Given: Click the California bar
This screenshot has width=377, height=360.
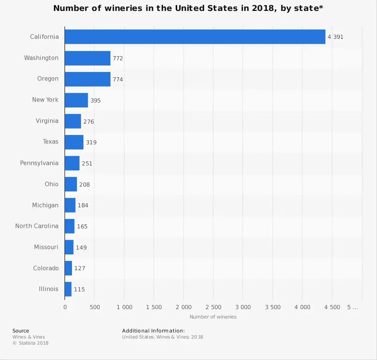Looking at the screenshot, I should click(x=195, y=37).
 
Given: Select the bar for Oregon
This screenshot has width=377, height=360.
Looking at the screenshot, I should click(x=87, y=79).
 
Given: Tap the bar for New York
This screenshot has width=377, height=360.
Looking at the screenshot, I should click(x=76, y=100).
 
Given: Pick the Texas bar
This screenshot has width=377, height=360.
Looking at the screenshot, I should click(x=74, y=142).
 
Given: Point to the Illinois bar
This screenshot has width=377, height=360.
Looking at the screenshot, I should click(x=68, y=289).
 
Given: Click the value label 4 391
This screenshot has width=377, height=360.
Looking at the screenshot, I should click(x=336, y=37).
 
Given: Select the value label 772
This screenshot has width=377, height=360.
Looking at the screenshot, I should click(x=118, y=58).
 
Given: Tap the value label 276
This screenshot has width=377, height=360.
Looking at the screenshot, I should click(x=88, y=121).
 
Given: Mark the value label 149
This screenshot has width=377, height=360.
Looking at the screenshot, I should click(x=81, y=248).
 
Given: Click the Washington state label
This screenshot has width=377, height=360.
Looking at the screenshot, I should click(x=41, y=58).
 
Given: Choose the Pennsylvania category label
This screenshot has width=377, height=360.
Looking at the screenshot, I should click(x=39, y=163).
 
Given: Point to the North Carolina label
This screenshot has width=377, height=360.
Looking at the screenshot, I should click(x=37, y=226).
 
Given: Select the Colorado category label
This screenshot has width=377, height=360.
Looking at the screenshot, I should click(x=46, y=268).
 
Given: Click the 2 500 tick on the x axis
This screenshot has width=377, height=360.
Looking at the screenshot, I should click(x=213, y=307).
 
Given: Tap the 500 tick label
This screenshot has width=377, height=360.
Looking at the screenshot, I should click(x=95, y=307).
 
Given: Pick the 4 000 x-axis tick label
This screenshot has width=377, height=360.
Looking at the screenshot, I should click(x=303, y=307).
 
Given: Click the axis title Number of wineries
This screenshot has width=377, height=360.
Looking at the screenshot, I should click(x=213, y=317).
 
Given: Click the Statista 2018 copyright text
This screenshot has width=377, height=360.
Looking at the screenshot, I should click(x=31, y=343).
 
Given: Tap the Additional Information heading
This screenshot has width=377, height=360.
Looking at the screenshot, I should click(x=153, y=331).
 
